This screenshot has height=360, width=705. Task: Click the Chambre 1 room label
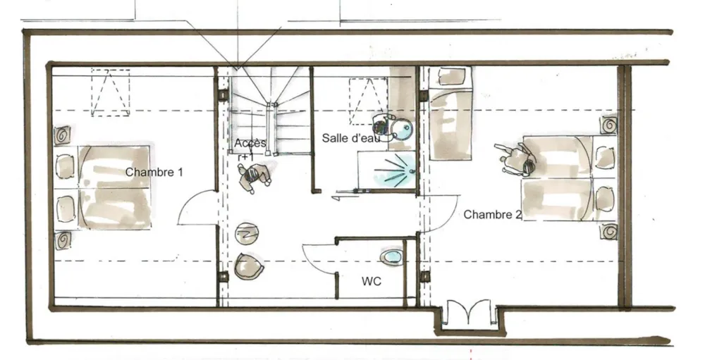point(154,172)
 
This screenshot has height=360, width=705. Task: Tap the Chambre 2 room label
point(492,215)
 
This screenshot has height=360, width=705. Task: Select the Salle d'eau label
point(351,138)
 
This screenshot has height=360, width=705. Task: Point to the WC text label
point(372,281)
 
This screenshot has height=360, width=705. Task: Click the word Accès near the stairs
point(250,144)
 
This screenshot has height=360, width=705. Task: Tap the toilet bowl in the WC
point(391,257)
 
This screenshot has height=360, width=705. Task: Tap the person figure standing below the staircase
point(255,177)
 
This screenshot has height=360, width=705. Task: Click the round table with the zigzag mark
point(246,233)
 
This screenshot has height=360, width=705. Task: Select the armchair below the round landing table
point(249,266)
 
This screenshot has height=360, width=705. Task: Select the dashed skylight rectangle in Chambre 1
point(111,92)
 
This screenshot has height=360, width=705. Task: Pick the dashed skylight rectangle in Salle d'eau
point(368,101)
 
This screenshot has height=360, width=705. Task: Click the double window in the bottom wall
point(470,314)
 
